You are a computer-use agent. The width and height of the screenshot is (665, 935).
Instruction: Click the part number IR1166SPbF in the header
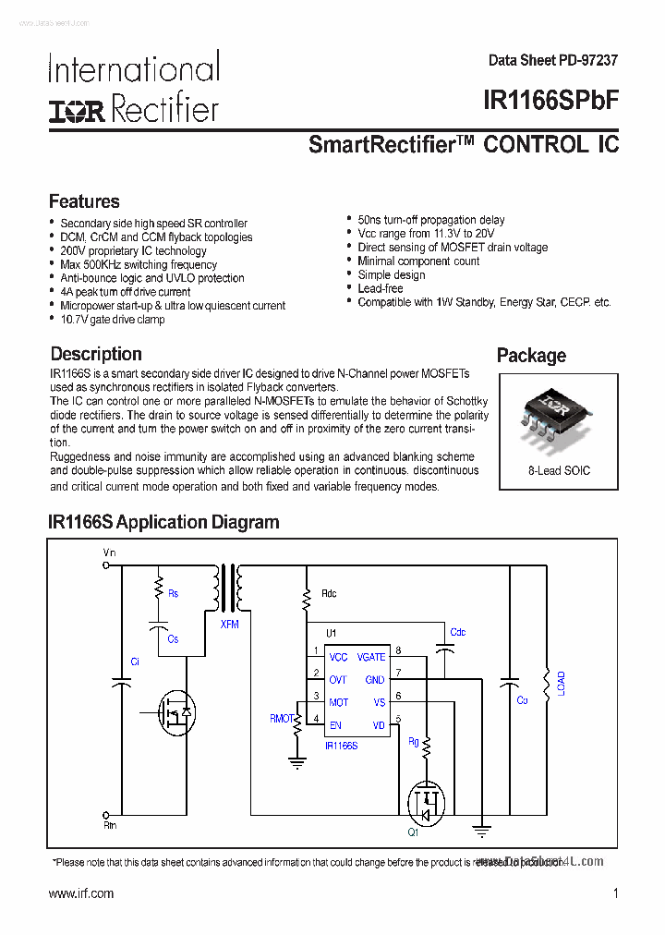550,101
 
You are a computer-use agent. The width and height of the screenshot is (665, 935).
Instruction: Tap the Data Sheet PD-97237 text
553,60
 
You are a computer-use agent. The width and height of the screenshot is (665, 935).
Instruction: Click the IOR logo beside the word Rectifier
78,112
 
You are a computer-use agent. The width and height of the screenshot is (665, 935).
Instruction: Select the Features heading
84,201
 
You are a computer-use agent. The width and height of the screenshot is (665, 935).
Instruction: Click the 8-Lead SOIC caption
559,470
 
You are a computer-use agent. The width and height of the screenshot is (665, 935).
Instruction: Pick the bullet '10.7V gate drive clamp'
112,320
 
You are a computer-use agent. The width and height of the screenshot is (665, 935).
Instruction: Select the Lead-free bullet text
381,288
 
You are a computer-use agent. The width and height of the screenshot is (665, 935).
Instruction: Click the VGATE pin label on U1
370,657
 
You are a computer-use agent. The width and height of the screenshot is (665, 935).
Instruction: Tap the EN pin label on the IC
335,725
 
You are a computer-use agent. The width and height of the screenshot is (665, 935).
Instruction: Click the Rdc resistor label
329,593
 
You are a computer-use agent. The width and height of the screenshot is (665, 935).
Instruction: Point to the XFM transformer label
229,625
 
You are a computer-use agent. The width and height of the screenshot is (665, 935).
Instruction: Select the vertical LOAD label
561,685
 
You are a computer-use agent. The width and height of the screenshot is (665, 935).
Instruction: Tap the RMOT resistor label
281,718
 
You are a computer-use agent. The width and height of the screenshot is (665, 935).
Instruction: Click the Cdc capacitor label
457,632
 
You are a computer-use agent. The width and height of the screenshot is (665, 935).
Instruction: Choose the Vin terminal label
109,552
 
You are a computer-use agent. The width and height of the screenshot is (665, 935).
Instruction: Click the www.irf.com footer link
80,893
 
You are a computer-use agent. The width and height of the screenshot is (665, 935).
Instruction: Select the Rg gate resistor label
413,741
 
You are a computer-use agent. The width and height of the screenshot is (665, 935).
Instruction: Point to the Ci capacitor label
135,662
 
